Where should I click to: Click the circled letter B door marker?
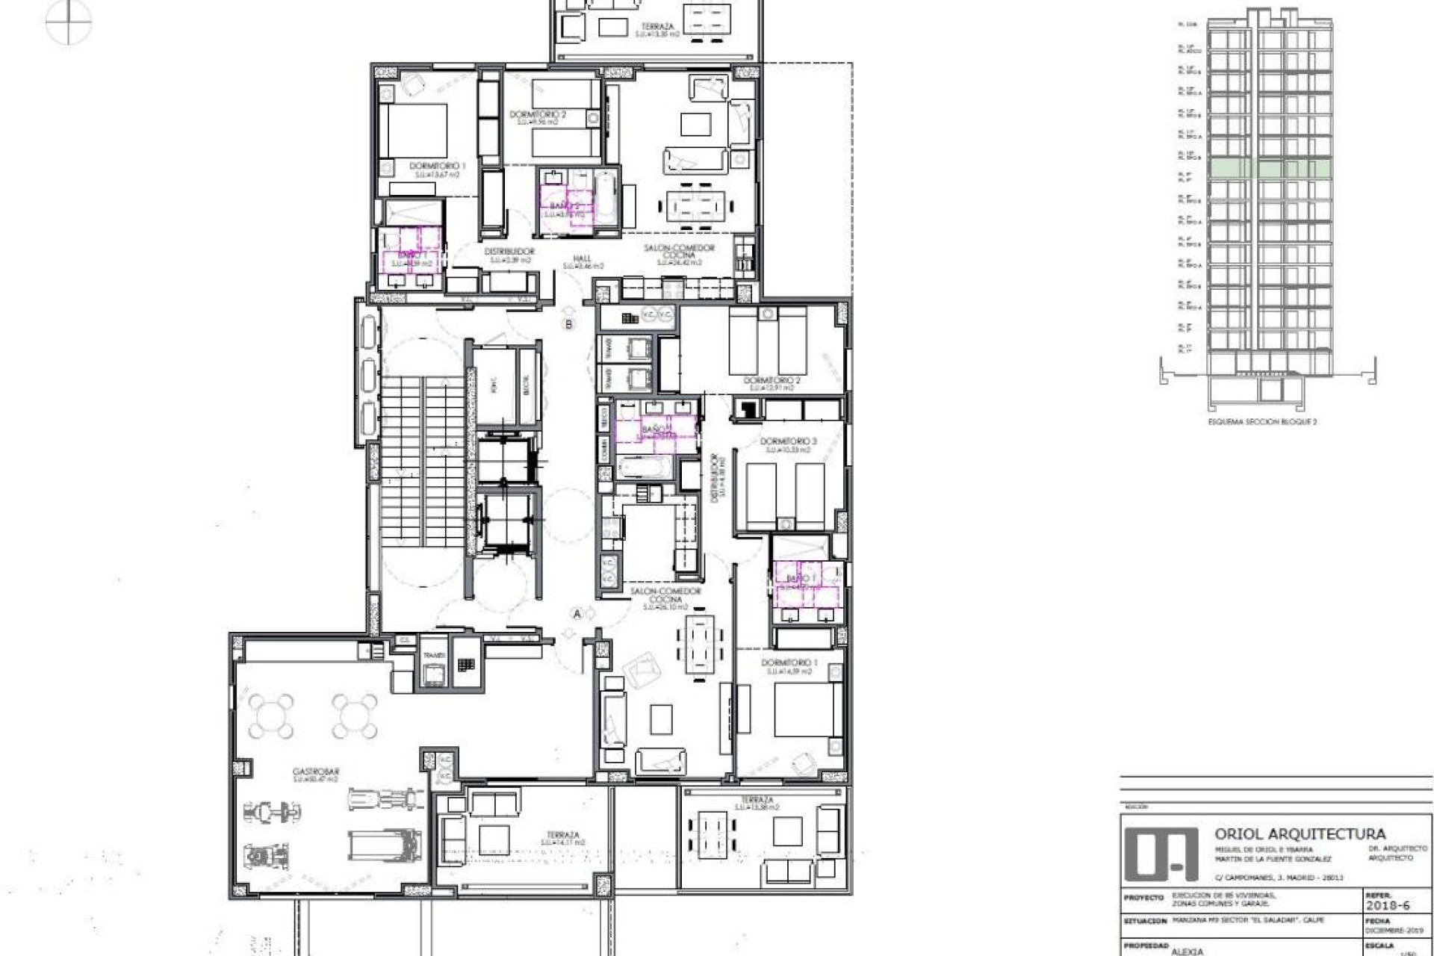[569, 324]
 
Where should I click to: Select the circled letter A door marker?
[577, 614]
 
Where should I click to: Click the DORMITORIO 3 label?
[788, 441]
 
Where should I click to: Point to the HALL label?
[583, 258]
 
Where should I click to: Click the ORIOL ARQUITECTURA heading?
[1300, 834]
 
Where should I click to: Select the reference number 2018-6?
[1387, 905]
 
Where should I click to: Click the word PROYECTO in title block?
[1143, 898]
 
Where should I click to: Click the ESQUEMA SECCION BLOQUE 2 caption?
[1262, 422]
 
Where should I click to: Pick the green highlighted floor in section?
[1270, 169]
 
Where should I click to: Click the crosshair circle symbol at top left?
[68, 21]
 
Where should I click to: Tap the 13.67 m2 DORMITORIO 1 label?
[438, 166]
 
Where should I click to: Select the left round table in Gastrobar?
[270, 716]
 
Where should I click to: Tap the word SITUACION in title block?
[1145, 921]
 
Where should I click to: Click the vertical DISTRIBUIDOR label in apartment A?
[715, 478]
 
